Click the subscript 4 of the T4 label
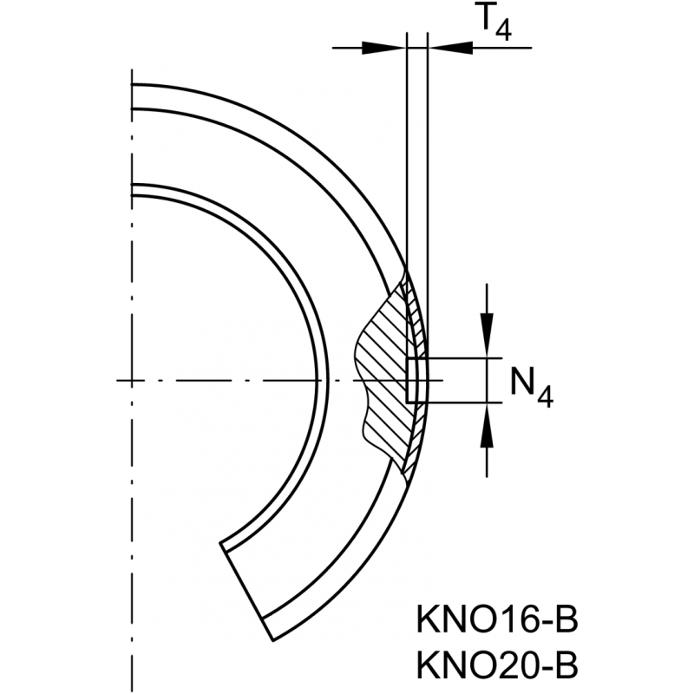503,32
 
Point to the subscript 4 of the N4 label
545,395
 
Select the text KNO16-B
495,623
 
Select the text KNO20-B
495,665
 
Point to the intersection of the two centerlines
132,380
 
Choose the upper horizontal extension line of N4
460,357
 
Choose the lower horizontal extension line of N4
460,403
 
